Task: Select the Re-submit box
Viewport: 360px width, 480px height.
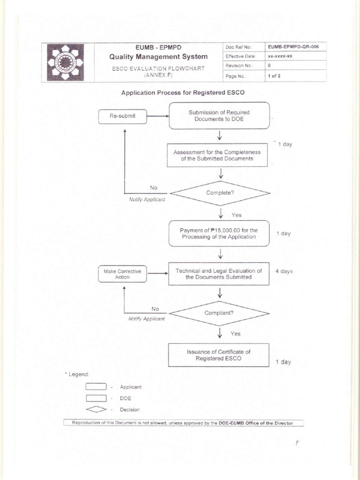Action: pyautogui.click(x=123, y=116)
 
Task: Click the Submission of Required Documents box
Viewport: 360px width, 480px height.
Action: pyautogui.click(x=219, y=116)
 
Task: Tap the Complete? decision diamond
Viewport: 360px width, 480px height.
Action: pyautogui.click(x=219, y=193)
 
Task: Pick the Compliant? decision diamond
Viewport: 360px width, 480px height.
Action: pyautogui.click(x=219, y=313)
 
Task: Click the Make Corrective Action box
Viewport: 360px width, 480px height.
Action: pyautogui.click(x=122, y=274)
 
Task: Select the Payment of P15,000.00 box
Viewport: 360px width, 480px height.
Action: pyautogui.click(x=219, y=233)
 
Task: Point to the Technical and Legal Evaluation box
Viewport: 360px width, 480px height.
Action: pyautogui.click(x=219, y=274)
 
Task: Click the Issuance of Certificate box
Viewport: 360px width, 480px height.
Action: pyautogui.click(x=219, y=355)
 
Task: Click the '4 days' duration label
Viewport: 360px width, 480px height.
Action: pyautogui.click(x=283, y=271)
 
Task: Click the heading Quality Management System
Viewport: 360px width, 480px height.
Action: pyautogui.click(x=158, y=57)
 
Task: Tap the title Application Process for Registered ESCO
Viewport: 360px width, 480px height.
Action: pyautogui.click(x=183, y=92)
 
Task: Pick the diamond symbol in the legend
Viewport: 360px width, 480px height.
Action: pyautogui.click(x=96, y=409)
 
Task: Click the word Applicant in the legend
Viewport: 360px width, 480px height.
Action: pyautogui.click(x=130, y=387)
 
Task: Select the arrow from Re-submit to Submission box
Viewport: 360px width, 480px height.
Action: pyautogui.click(x=157, y=116)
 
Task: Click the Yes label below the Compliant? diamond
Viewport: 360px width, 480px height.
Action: pyautogui.click(x=235, y=334)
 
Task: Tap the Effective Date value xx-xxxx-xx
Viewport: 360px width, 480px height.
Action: pyautogui.click(x=280, y=56)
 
